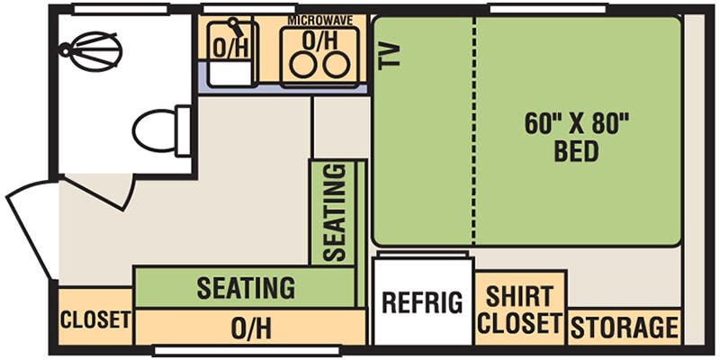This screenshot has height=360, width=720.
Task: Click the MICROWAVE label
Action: [320, 21]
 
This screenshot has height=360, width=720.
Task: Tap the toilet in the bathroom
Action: [162, 130]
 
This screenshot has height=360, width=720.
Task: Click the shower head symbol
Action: [91, 50]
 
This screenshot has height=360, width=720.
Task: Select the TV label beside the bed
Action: [390, 57]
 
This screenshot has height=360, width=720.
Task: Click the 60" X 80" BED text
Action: [576, 138]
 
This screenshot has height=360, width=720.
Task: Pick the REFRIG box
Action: [423, 301]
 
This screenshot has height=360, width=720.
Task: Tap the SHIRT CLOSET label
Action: [520, 310]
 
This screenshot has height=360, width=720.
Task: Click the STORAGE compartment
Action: [625, 327]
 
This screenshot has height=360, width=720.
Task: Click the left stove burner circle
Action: [302, 65]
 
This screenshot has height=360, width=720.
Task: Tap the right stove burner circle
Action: [336, 65]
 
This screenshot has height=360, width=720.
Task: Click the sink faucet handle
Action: [237, 27]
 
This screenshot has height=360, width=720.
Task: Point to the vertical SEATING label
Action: [334, 212]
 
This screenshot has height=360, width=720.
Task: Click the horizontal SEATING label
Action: [246, 288]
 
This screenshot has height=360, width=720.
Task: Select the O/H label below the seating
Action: [251, 328]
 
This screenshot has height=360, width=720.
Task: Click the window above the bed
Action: [547, 9]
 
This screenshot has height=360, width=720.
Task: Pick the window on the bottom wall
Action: [247, 351]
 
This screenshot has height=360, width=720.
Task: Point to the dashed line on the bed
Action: [475, 130]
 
